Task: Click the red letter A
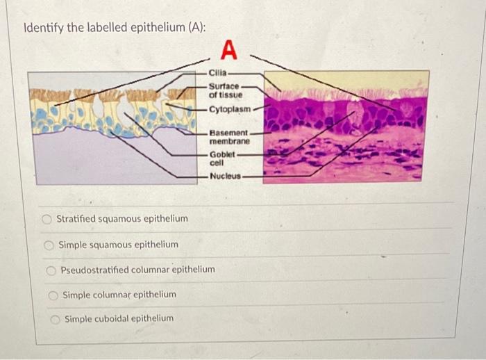(229, 51)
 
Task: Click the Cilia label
(217, 72)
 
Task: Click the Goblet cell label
(222, 158)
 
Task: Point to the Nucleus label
(225, 177)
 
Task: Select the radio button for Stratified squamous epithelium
(47, 220)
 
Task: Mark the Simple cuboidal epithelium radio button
(54, 319)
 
